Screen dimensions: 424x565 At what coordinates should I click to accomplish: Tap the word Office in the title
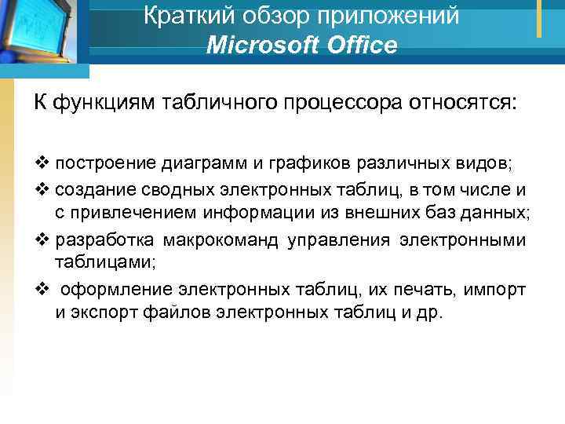point(355,46)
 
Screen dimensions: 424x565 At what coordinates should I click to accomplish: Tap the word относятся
point(465,103)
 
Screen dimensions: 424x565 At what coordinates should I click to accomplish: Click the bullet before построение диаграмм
point(40,164)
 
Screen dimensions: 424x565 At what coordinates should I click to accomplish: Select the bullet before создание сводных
point(40,189)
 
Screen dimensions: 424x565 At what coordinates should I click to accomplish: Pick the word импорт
point(496,291)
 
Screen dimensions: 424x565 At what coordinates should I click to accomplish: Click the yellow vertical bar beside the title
point(539,17)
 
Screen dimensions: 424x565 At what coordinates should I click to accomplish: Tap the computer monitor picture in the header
point(43,31)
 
